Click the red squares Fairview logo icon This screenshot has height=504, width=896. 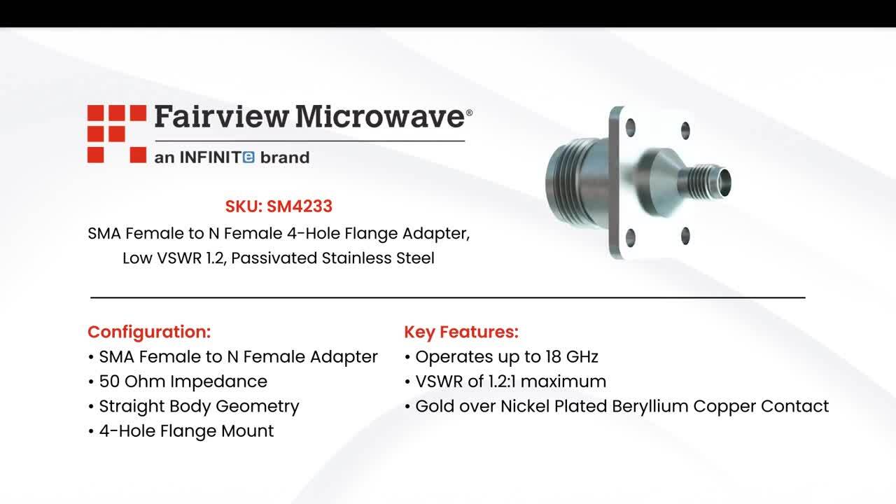pyautogui.click(x=116, y=134)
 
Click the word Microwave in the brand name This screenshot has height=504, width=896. pyautogui.click(x=379, y=117)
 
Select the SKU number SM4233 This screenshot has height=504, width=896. pyautogui.click(x=299, y=206)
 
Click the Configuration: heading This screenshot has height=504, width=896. pyautogui.click(x=149, y=332)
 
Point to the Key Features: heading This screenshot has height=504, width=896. pyautogui.click(x=461, y=332)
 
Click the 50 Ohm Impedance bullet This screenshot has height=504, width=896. pyautogui.click(x=183, y=381)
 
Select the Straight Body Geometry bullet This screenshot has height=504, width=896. pyautogui.click(x=199, y=406)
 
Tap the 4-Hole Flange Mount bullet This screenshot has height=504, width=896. pyautogui.click(x=186, y=430)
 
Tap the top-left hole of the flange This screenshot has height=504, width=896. pyautogui.click(x=630, y=127)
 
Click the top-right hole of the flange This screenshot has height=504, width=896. pyautogui.click(x=685, y=130)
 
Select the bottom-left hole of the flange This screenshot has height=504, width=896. pyautogui.click(x=630, y=237)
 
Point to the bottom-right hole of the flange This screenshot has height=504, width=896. pyautogui.click(x=685, y=235)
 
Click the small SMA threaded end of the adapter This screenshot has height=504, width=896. pyautogui.click(x=710, y=181)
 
